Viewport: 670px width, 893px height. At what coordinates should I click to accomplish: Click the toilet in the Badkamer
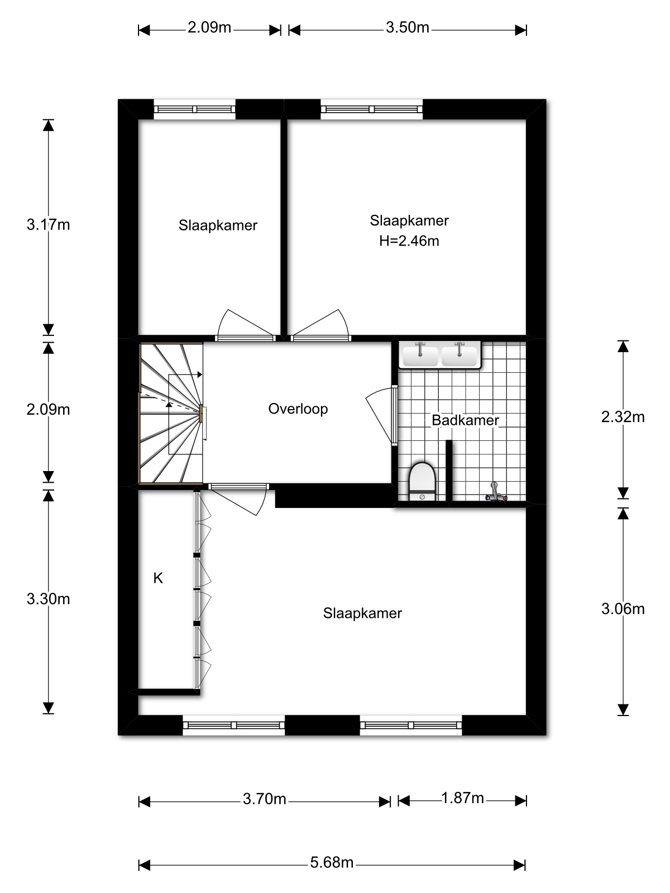tap(422, 481)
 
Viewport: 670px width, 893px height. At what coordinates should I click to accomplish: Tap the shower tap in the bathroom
tap(496, 492)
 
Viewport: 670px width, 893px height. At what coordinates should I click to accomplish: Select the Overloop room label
tap(298, 409)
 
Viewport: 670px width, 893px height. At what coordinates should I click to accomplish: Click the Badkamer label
tap(465, 420)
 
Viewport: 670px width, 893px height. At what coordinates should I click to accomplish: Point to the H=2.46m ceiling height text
tap(409, 241)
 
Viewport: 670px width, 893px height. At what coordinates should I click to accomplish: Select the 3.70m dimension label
tap(265, 799)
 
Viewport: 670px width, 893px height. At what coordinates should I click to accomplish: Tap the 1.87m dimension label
tap(462, 798)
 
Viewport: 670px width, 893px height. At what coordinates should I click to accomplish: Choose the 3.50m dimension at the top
tap(407, 28)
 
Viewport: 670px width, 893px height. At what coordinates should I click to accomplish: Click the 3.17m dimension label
tap(48, 224)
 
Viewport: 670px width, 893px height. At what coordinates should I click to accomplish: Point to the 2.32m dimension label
tap(623, 417)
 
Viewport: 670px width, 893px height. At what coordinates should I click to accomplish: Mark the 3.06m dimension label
tap(623, 609)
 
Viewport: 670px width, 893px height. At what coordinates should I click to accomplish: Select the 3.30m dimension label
tap(48, 599)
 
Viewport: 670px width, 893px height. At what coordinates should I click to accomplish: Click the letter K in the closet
tap(158, 578)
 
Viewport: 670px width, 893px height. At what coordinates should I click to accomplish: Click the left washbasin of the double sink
tap(420, 355)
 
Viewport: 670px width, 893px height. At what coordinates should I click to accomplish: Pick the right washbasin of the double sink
tap(460, 355)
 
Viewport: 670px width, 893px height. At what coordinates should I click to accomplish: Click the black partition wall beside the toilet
tap(449, 471)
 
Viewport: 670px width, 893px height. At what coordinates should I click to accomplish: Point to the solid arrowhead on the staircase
tap(199, 375)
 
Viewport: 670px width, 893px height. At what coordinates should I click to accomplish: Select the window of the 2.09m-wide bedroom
tap(194, 109)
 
